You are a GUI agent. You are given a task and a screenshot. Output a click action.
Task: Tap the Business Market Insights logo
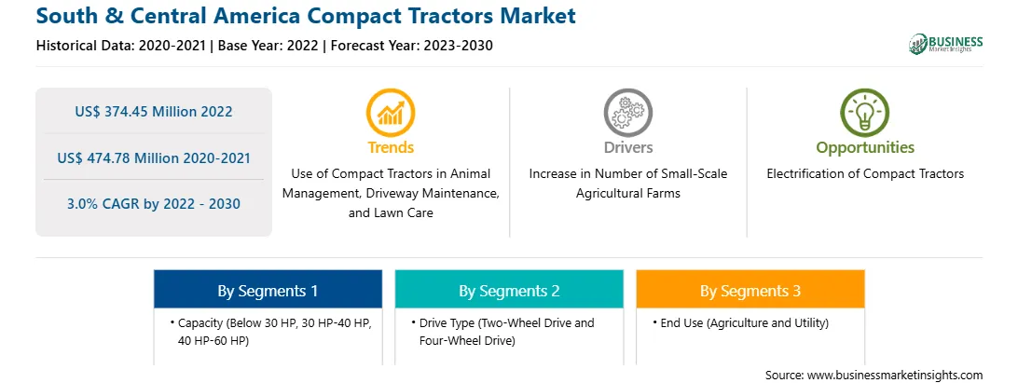coord(945,44)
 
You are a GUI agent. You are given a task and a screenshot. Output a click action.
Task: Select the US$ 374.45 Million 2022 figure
coord(153,111)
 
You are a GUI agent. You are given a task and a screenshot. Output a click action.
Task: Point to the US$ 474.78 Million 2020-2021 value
coord(153,157)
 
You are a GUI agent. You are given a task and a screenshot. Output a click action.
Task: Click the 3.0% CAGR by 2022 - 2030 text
coord(153,204)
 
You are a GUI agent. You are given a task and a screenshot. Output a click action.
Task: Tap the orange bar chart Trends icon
coord(391,112)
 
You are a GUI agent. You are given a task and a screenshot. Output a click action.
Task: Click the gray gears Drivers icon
coord(627,112)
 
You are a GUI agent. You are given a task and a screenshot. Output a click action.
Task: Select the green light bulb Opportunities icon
coord(865,112)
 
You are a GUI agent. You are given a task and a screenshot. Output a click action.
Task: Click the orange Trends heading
coord(391,147)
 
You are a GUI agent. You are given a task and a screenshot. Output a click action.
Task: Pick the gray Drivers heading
coord(627,147)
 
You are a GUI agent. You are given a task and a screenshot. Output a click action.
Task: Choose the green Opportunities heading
coord(865,147)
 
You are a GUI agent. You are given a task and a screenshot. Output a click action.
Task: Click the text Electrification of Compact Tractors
coord(865,174)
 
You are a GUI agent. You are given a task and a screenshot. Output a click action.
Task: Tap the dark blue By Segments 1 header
coord(268,291)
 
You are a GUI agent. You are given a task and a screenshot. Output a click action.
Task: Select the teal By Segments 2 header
coord(509,291)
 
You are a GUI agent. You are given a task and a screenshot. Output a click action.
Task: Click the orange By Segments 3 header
coord(750,291)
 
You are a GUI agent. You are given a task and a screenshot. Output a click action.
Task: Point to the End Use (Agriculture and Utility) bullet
coord(741,322)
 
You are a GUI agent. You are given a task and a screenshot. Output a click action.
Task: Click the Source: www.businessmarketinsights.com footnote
coord(874,375)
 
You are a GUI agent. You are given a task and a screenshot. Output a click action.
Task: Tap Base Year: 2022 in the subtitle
coord(268,46)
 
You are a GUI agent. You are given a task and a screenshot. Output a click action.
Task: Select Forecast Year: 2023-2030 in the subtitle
coord(407,46)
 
